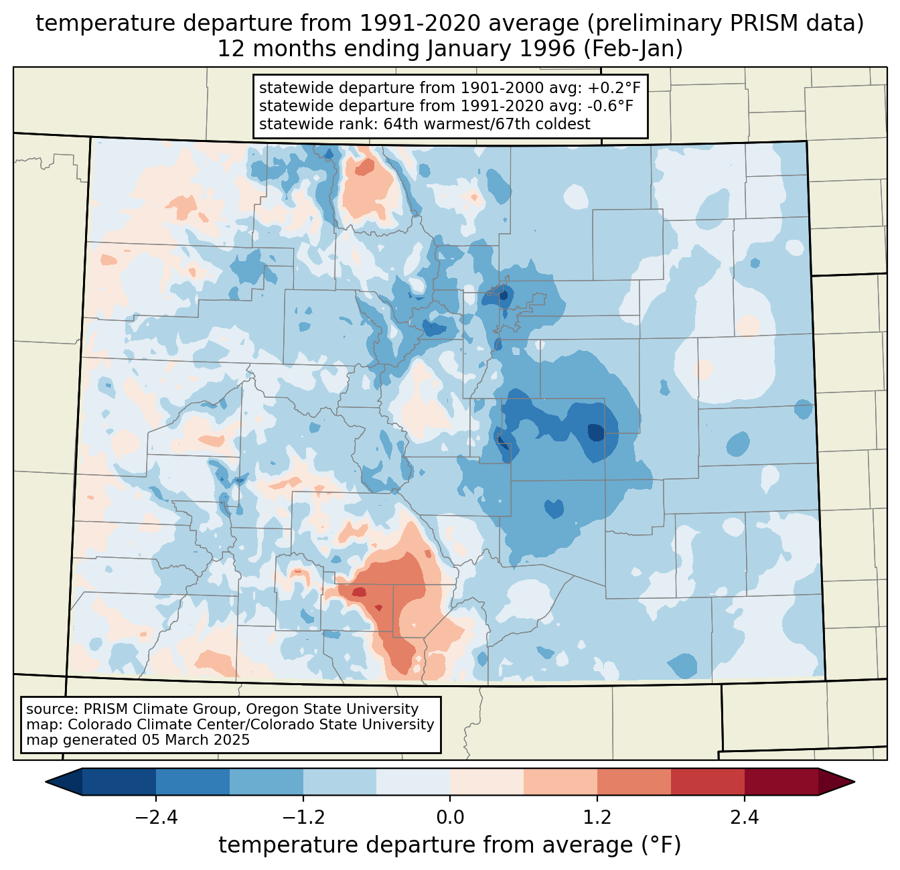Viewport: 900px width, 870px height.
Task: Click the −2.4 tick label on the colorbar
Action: coord(156,818)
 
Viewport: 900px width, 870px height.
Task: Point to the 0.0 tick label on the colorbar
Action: coord(450,818)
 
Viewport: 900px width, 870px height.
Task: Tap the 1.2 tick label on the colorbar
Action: coord(597,818)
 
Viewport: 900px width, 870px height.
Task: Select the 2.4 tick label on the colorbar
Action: coord(744,818)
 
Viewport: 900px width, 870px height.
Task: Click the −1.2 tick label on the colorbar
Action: coord(303,818)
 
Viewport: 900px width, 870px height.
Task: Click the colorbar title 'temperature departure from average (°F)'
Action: coord(450,845)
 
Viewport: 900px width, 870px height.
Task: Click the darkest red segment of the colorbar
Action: coord(781,782)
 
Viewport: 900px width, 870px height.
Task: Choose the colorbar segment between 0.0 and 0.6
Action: coord(487,782)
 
